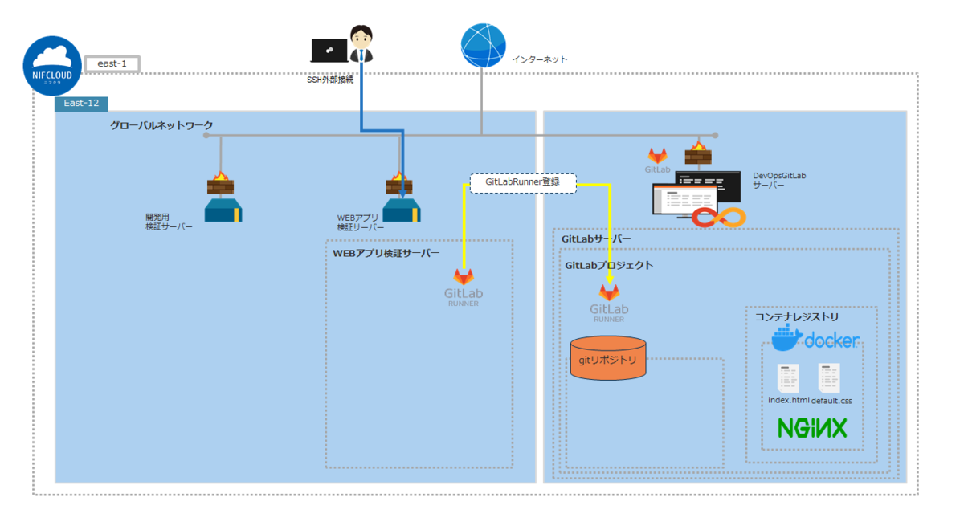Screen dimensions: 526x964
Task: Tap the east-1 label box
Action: coord(112,63)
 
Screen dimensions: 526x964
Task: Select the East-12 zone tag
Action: coord(81,104)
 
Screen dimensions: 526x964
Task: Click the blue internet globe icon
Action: coord(483,46)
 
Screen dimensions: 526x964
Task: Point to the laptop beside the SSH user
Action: coord(329,51)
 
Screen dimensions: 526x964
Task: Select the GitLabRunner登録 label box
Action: coord(523,182)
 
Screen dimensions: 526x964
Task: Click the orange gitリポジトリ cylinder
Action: coord(608,360)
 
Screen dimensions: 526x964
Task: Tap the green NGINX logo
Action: coord(812,427)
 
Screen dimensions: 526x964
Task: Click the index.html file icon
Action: coord(788,379)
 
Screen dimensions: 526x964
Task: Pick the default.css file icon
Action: coord(829,378)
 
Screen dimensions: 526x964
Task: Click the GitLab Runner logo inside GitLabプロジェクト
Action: coord(609,302)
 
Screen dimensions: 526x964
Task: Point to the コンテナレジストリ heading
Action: coord(797,317)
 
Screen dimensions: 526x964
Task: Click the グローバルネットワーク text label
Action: coord(161,125)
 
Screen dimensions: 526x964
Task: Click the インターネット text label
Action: coord(540,59)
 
